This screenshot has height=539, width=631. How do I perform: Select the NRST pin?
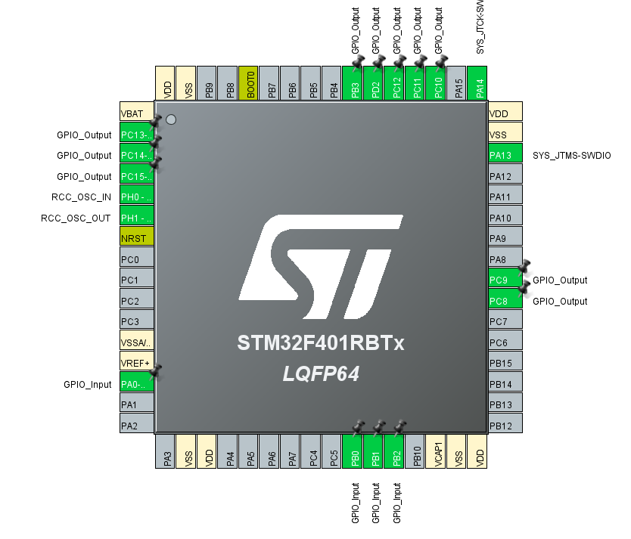[x=137, y=238]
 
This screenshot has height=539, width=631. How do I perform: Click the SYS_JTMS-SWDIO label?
[x=572, y=156]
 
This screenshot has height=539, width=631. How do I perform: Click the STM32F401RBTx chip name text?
[x=322, y=344]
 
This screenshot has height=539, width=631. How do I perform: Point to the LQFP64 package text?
[x=322, y=374]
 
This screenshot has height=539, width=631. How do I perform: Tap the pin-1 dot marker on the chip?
[x=171, y=119]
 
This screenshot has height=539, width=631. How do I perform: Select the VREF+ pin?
[x=137, y=364]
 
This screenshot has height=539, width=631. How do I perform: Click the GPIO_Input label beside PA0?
[x=88, y=384]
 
